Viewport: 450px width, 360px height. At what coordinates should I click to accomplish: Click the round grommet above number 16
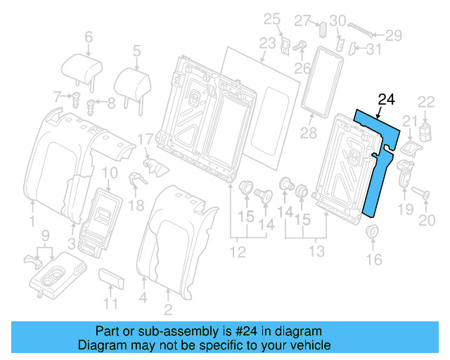point(373,233)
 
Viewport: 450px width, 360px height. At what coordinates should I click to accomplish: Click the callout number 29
point(393,34)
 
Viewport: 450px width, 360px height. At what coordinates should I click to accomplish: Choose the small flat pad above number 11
point(113,277)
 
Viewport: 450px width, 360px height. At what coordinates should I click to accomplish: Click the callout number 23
point(266,44)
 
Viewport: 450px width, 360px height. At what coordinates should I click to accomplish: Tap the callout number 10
point(110,173)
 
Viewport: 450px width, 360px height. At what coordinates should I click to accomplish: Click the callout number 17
point(145,139)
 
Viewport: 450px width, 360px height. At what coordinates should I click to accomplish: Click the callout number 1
point(32,222)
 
